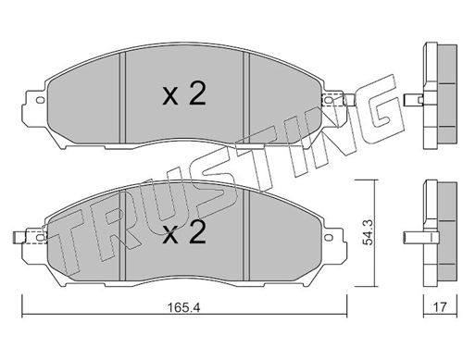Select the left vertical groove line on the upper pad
(x=123, y=93)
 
